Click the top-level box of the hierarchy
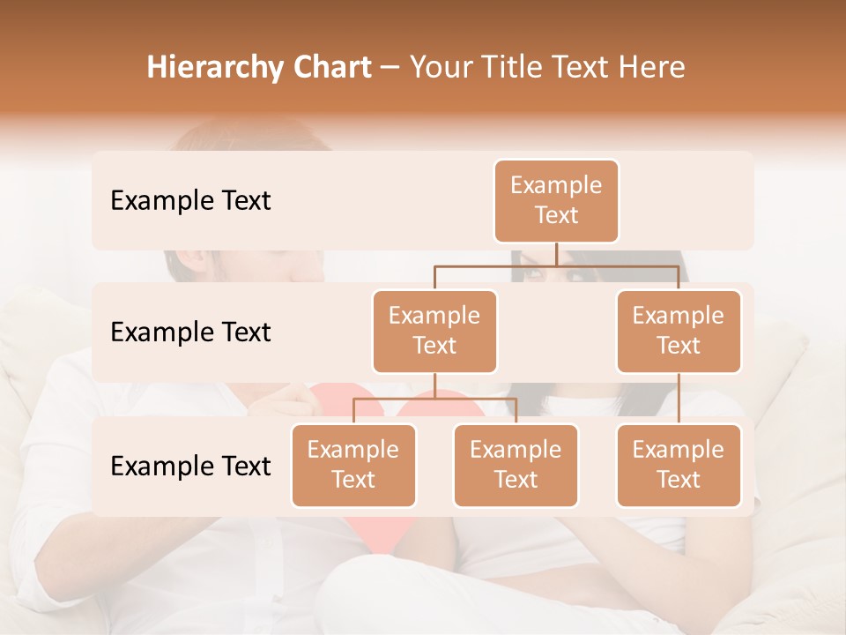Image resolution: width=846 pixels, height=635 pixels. pos(556,201)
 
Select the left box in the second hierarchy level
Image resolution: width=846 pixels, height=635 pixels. pos(434,332)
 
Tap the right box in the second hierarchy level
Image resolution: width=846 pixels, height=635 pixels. pos(679,332)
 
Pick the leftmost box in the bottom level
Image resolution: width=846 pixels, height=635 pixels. pos(353,466)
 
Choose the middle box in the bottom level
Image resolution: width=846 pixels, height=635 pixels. pos(516,466)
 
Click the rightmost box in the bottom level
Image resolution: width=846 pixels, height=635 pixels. pos(679,466)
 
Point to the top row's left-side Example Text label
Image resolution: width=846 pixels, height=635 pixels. pos(190,201)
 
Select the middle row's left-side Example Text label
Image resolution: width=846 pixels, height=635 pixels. pos(190,332)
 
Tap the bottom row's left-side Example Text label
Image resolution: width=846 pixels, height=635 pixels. pos(190,467)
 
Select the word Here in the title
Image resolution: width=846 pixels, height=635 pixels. pos(652,67)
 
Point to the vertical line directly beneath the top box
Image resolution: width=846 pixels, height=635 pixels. pos(556,254)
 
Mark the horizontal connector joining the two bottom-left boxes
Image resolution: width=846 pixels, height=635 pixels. pos(434,399)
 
